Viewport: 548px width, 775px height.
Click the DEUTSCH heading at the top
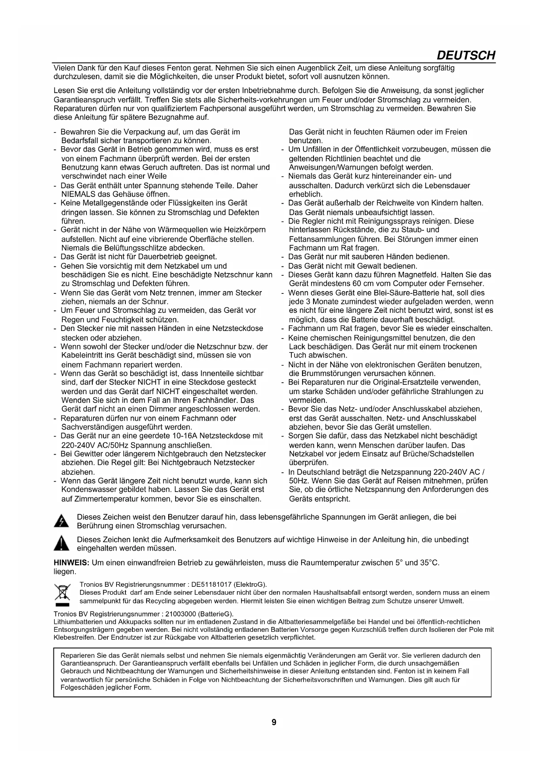coord(465,55)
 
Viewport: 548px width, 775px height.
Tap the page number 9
coord(274,722)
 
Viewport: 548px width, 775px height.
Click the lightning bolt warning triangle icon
coord(61,521)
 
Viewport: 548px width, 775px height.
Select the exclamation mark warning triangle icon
coord(61,544)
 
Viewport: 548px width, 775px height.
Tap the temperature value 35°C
coord(430,562)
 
